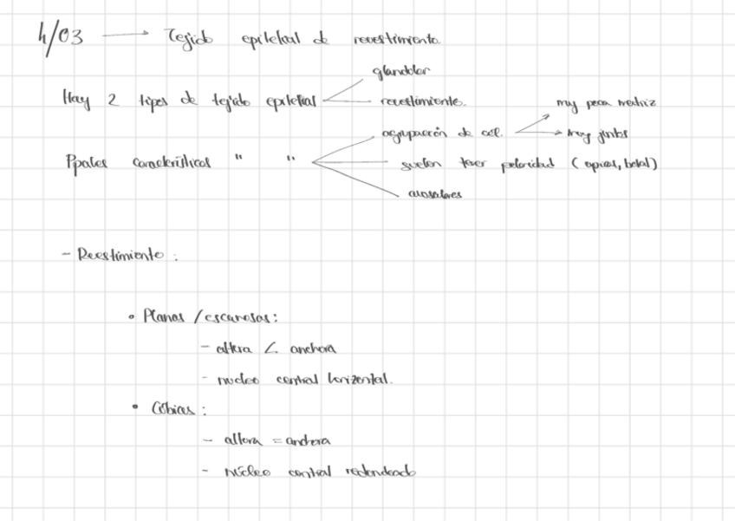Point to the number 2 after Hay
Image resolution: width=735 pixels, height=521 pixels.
pyautogui.click(x=112, y=101)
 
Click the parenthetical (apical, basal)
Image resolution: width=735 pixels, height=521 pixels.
pyautogui.click(x=614, y=162)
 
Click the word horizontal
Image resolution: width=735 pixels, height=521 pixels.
pyautogui.click(x=361, y=380)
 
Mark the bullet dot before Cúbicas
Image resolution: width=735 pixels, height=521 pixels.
pyautogui.click(x=136, y=407)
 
